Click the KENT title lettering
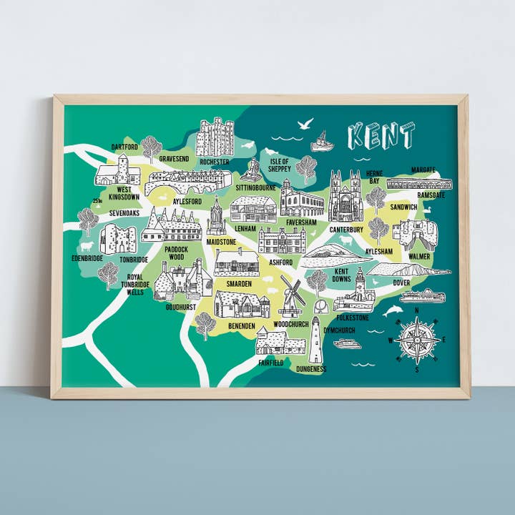(381, 135)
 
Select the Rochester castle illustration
(215, 137)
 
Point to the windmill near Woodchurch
(292, 295)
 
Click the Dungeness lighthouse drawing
(315, 341)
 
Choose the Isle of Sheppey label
(279, 166)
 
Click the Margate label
(423, 170)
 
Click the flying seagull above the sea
(305, 124)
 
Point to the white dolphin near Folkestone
(393, 311)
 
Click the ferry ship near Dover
(422, 295)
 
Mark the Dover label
(401, 283)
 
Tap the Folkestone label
(353, 317)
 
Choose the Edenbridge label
(87, 258)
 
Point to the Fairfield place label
(271, 363)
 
